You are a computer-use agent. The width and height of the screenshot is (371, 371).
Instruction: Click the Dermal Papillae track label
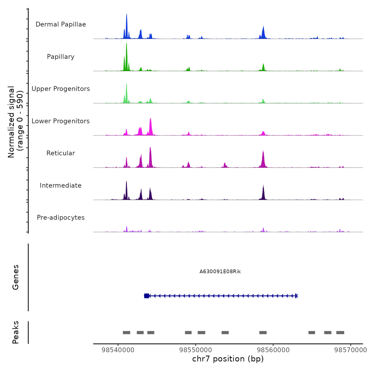[61, 24]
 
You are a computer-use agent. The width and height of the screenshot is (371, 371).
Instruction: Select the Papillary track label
[61, 57]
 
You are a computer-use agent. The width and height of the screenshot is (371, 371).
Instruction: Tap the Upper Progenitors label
[61, 89]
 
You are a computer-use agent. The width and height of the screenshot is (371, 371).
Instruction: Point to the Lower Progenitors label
[61, 121]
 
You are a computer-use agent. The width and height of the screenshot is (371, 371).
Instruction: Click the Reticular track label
[61, 153]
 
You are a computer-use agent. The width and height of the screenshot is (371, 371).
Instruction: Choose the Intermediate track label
[61, 185]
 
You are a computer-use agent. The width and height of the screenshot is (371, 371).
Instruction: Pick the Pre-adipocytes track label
[61, 218]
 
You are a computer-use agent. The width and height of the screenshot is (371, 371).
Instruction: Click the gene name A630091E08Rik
[220, 272]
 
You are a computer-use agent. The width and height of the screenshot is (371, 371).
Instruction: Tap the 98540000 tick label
[118, 350]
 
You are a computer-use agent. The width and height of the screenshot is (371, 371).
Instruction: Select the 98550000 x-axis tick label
[196, 350]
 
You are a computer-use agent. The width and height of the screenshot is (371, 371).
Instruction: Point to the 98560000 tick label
[273, 350]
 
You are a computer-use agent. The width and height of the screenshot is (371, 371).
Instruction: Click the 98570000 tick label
[351, 350]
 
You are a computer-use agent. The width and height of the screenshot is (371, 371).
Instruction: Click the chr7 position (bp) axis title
[228, 359]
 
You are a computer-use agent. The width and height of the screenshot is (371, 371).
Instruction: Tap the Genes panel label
[16, 277]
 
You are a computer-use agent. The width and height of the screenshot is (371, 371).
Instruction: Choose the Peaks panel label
[16, 332]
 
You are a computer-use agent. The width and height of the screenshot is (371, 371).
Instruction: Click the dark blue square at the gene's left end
[147, 296]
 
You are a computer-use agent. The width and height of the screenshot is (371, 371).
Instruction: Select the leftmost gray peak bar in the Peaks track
[126, 333]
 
